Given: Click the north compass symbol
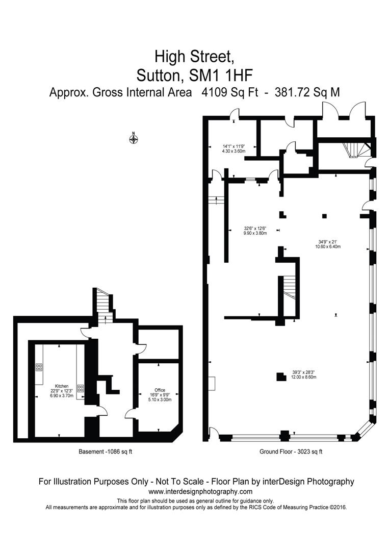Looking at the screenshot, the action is pos(134,139).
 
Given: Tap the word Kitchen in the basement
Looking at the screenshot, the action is pos(62,386).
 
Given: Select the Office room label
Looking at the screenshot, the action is pos(160,390).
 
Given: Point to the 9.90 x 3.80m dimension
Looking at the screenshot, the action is pos(255,233).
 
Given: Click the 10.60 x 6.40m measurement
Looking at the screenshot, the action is pos(327,246).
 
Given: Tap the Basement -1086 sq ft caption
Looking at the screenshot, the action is pos(106,452).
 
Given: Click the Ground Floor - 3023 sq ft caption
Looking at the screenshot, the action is pos(291,452).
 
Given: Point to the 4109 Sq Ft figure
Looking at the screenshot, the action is pos(229,92).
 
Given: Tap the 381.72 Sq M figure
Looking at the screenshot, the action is pos(307,92).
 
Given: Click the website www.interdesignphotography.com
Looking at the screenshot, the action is pos(200,491).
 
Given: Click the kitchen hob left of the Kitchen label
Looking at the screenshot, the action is pos(39,367).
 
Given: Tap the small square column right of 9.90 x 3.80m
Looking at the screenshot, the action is pos(325,216).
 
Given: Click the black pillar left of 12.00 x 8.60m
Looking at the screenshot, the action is pos(281,377).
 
